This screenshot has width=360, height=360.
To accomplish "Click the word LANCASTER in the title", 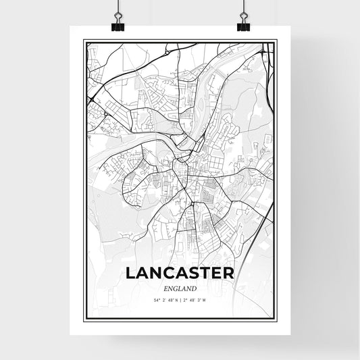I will pos(179,273).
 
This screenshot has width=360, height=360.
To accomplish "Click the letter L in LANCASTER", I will pos(130,273).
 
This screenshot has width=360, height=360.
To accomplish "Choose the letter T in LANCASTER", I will pos(205,273).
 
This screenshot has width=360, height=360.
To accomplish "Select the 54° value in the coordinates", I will pos(157,299).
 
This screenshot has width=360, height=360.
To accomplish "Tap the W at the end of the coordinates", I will pos(203,299).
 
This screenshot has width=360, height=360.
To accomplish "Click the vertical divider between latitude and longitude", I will pos(180,299).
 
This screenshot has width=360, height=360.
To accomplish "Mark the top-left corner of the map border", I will pos(84,41).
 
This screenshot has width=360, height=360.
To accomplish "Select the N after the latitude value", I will pos(176,299).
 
